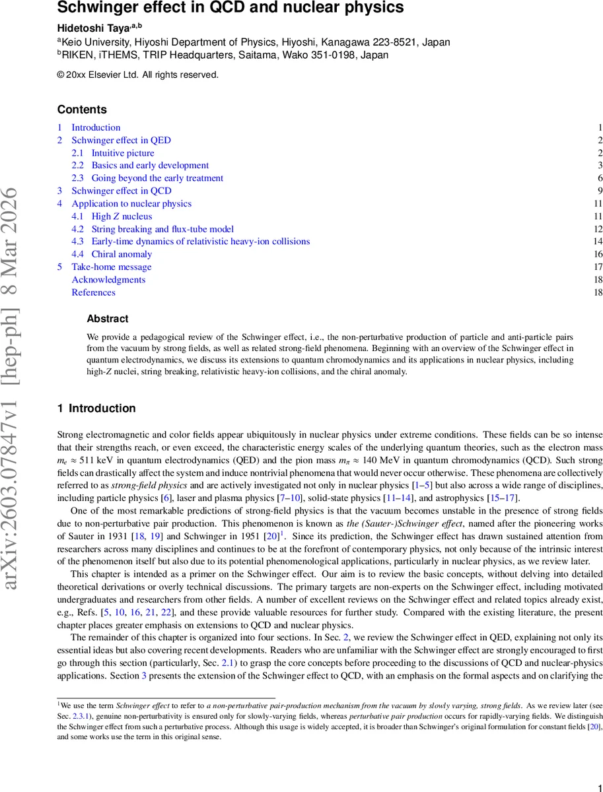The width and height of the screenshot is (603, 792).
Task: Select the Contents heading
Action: click(82, 110)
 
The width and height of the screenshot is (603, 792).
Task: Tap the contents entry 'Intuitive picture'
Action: click(123, 153)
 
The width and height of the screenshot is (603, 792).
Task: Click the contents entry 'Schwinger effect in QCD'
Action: click(121, 191)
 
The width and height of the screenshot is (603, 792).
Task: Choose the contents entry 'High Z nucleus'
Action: click(122, 216)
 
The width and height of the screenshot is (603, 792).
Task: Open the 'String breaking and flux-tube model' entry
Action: click(162, 229)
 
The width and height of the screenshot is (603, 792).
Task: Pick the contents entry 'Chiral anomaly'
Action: click(122, 254)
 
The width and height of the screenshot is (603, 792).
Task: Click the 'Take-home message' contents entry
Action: click(111, 267)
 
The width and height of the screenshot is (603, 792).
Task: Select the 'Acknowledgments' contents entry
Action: click(108, 279)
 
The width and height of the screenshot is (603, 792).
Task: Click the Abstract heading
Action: click(108, 319)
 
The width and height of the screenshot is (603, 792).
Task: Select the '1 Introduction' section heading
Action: click(96, 409)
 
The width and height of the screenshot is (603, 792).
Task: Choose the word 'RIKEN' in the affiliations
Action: click(79, 55)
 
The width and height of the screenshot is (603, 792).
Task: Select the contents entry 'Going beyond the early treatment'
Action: click(157, 178)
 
